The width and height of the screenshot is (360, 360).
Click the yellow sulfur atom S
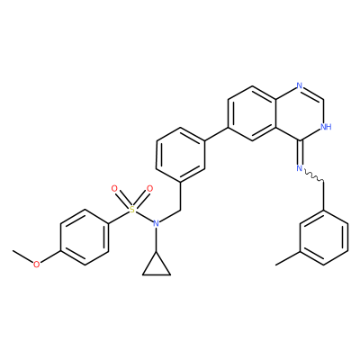(x=131, y=209)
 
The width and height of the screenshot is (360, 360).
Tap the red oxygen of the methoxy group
(x=36, y=265)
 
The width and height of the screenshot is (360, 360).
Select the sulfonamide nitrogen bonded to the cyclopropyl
(x=156, y=223)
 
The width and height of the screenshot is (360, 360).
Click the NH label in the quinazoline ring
(x=326, y=126)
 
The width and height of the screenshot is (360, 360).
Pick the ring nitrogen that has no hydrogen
(x=299, y=85)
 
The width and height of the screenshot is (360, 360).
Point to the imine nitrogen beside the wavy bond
(x=299, y=168)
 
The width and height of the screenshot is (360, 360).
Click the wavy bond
(x=313, y=175)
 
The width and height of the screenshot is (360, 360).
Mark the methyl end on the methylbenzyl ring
(x=276, y=265)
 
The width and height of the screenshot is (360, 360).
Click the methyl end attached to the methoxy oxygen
(x=13, y=250)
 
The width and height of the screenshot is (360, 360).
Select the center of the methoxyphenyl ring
(x=85, y=237)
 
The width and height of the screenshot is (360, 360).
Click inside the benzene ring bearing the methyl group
(x=324, y=237)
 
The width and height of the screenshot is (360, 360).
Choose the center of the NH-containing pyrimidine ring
(x=300, y=112)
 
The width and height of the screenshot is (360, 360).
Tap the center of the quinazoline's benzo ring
(x=252, y=112)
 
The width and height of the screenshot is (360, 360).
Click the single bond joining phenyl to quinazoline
(x=216, y=133)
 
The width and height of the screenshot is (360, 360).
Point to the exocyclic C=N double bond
(x=300, y=152)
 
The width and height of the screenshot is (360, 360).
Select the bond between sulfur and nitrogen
(x=144, y=216)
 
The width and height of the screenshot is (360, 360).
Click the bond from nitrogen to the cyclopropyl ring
(x=156, y=239)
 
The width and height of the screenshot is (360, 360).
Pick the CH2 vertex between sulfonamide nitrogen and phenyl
(x=180, y=209)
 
